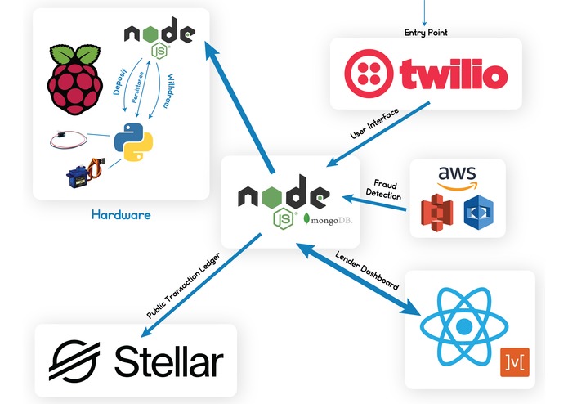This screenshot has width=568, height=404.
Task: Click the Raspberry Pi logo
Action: click(74, 79)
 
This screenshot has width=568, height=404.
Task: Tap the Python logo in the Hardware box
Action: click(133, 141)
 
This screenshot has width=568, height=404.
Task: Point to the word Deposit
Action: click(120, 81)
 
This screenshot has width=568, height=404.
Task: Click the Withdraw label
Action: click(169, 91)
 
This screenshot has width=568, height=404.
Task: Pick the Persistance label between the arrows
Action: click(137, 88)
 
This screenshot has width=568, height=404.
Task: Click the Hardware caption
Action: click(121, 215)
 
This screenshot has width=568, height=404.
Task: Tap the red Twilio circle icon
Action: click(369, 74)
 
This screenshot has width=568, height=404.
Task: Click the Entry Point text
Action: click(426, 33)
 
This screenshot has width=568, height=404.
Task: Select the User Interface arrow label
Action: click(374, 123)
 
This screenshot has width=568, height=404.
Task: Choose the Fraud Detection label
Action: click(384, 190)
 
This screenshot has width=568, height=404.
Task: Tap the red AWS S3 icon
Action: click(437, 213)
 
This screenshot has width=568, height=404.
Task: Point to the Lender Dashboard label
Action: click(367, 271)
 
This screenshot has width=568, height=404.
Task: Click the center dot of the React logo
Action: click(464, 327)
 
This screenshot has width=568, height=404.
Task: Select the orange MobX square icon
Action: click(515, 362)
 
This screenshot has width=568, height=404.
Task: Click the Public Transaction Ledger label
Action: click(183, 285)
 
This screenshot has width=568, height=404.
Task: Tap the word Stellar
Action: click(169, 361)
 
